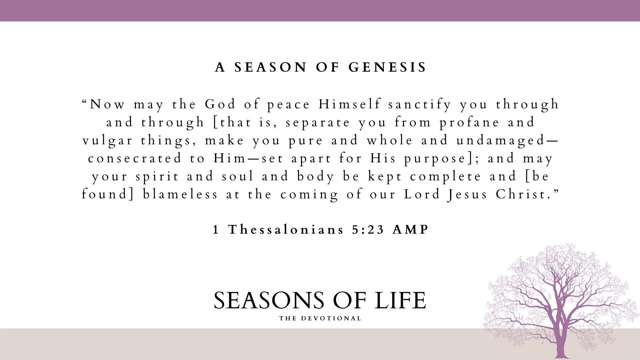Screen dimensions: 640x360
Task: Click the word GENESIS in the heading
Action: (x=387, y=67)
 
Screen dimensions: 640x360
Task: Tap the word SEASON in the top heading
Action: (x=270, y=67)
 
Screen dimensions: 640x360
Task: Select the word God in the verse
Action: (x=220, y=104)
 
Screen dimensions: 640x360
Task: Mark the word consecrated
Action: (x=135, y=158)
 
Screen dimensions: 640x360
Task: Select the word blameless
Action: (x=180, y=194)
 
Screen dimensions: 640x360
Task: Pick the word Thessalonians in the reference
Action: (x=286, y=230)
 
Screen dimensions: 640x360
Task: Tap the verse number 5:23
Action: (x=368, y=230)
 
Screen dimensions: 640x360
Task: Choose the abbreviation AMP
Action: (x=410, y=230)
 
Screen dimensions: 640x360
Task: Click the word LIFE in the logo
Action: (x=400, y=300)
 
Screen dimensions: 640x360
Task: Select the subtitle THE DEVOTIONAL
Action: (x=320, y=318)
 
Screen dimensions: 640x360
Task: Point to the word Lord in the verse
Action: (x=422, y=194)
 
